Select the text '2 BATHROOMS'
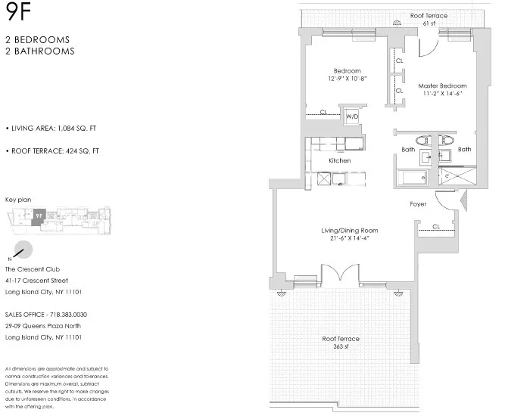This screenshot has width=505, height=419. [x=39, y=51]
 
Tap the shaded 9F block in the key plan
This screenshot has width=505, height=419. [x=38, y=216]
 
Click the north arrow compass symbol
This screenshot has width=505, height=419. [x=23, y=250]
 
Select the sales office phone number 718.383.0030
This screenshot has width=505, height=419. [x=70, y=313]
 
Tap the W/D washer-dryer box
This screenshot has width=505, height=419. [x=352, y=117]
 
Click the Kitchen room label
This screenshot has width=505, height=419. [x=339, y=161]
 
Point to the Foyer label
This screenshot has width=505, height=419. [x=418, y=204]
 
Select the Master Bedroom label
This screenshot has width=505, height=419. [x=443, y=85]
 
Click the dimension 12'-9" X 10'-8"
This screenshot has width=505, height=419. [x=348, y=78]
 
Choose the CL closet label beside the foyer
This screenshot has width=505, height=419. [x=436, y=226]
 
